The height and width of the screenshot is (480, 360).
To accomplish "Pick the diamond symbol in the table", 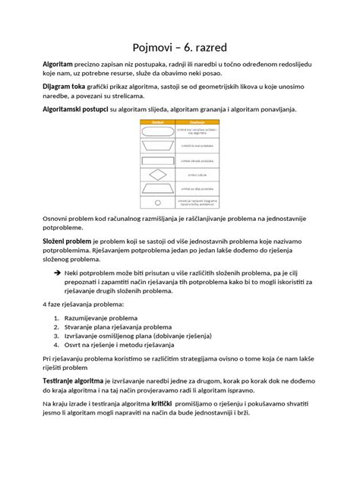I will tap(158, 174).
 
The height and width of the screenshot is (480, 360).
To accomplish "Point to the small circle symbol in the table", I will tap(158, 203).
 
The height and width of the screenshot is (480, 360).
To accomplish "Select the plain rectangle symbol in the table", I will tap(158, 160).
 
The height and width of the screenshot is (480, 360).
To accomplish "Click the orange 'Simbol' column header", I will tap(158, 122).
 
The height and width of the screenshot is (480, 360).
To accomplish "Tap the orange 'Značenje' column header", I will tap(197, 122).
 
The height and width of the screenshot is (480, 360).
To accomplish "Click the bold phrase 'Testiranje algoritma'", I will tap(73, 379).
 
